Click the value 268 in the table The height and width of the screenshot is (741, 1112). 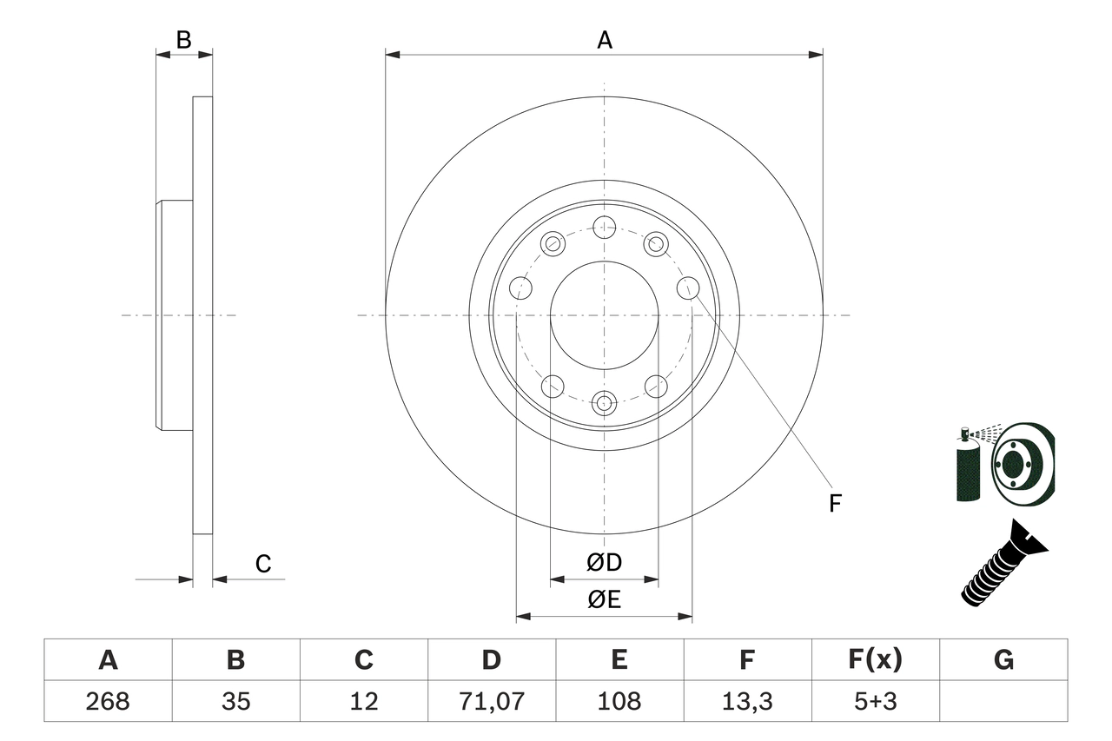(x=108, y=701)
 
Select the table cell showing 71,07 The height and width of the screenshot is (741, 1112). (x=492, y=701)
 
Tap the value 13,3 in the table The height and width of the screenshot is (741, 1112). (x=747, y=701)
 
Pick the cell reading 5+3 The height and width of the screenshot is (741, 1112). (x=875, y=701)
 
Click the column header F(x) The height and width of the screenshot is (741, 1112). (x=875, y=660)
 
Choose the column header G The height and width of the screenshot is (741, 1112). (x=1003, y=660)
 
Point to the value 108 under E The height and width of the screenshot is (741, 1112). (x=619, y=701)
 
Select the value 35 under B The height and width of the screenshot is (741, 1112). (x=235, y=701)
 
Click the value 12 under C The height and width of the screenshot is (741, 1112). (x=363, y=701)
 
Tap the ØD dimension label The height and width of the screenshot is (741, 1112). (x=605, y=562)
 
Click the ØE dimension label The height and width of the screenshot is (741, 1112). (x=605, y=599)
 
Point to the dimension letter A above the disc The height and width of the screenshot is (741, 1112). (x=605, y=39)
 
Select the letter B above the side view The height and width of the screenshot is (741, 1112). (x=183, y=39)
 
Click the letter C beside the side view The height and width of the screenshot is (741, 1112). (x=263, y=564)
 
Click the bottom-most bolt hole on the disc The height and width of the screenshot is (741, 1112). (x=604, y=402)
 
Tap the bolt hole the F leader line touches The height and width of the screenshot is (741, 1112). (x=688, y=287)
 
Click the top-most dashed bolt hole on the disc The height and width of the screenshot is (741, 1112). (x=604, y=228)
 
